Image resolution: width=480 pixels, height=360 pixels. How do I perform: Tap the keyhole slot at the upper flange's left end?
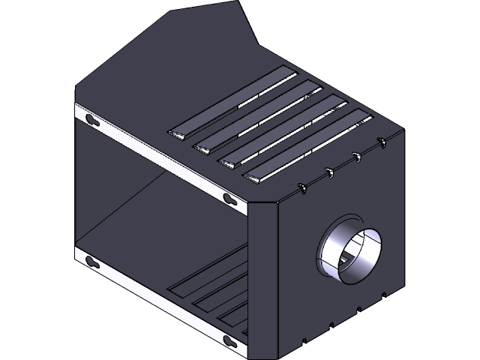pyautogui.click(x=92, y=120)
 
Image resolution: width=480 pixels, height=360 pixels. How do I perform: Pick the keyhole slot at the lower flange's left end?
pyautogui.click(x=92, y=262)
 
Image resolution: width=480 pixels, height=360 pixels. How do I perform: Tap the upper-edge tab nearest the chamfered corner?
pyautogui.click(x=304, y=187)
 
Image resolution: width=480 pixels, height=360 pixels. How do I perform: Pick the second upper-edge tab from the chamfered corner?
pyautogui.click(x=330, y=172)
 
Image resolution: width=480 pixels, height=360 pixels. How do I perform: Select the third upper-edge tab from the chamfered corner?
pyautogui.click(x=357, y=156)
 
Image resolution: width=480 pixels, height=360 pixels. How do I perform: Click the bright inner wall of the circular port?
pyautogui.click(x=364, y=259)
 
